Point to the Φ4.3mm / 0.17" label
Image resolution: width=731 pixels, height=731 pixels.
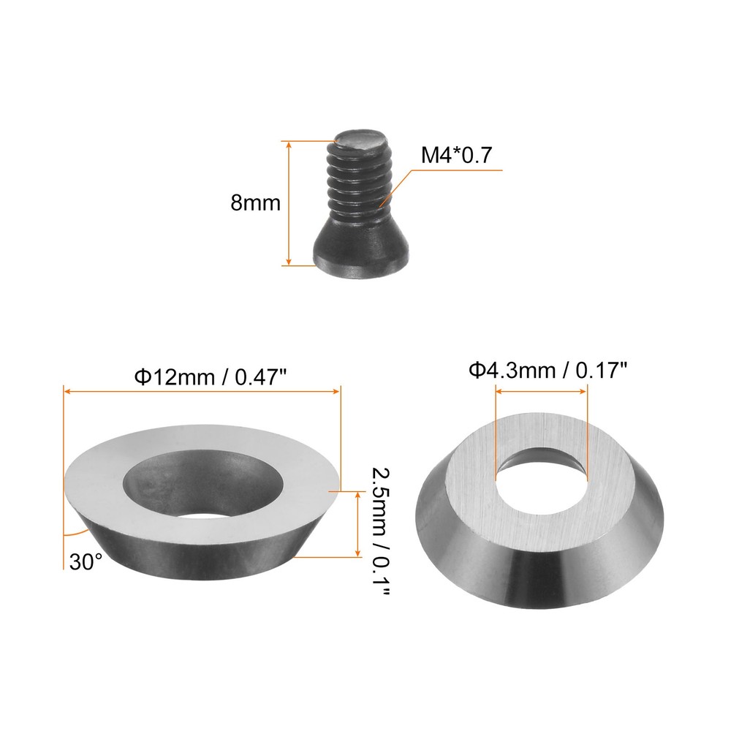[549, 371]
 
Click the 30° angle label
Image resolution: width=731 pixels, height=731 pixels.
[86, 561]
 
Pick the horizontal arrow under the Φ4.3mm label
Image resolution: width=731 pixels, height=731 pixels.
[542, 392]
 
